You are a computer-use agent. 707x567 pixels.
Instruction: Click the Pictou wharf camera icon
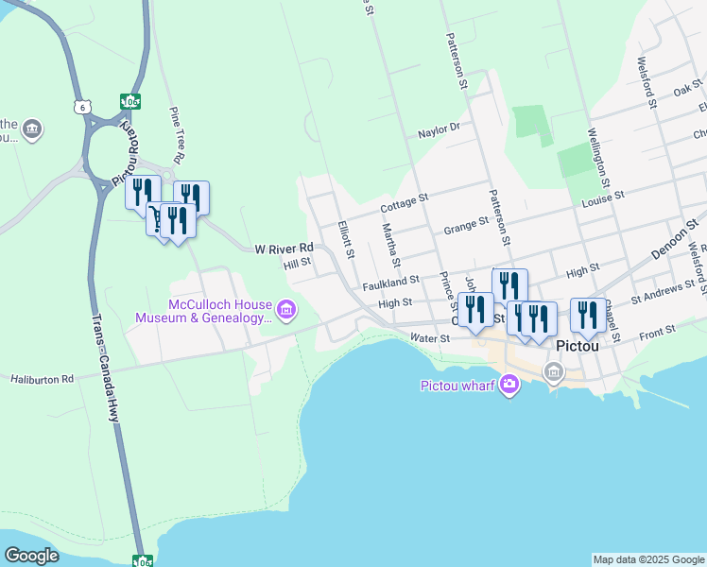pos(509,384)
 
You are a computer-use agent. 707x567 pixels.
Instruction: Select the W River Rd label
pos(284,249)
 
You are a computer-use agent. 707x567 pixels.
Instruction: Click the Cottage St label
pos(405,203)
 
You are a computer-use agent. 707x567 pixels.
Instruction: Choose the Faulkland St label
pos(390,282)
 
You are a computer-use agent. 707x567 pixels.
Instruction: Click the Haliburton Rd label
pos(43,379)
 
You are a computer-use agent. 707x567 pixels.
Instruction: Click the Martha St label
pos(391,245)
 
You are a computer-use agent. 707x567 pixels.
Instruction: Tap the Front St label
pos(657,331)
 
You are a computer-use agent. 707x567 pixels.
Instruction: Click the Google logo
pos(31,556)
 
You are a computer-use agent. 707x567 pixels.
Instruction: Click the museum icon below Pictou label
pos(554,373)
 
